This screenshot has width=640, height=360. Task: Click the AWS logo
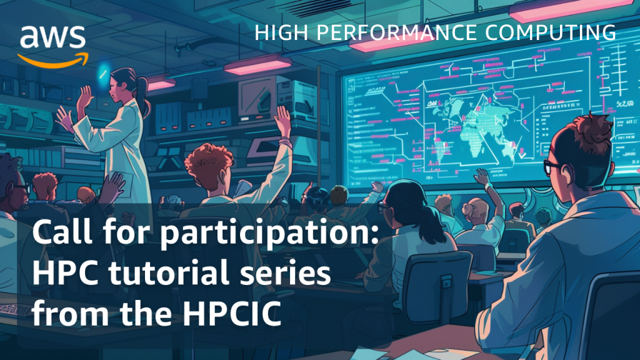coord(52,44)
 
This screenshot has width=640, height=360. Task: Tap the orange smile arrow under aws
coord(52,59)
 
